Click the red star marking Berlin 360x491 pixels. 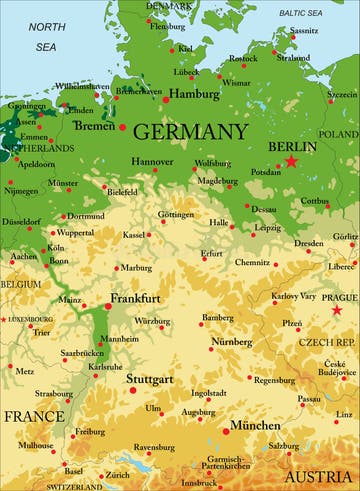click(x=291, y=161)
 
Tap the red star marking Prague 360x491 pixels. click(x=337, y=310)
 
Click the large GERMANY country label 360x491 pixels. click(x=189, y=132)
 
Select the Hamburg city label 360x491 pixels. click(x=194, y=94)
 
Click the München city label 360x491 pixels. click(x=255, y=425)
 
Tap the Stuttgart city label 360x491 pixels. click(x=149, y=380)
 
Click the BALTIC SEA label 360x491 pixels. click(x=300, y=13)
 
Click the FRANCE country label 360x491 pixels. click(x=33, y=415)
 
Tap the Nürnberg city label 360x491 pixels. click(x=231, y=342)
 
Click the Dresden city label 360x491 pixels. click(x=308, y=243)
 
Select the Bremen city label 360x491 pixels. click(x=94, y=126)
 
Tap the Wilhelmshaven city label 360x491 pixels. click(x=83, y=87)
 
